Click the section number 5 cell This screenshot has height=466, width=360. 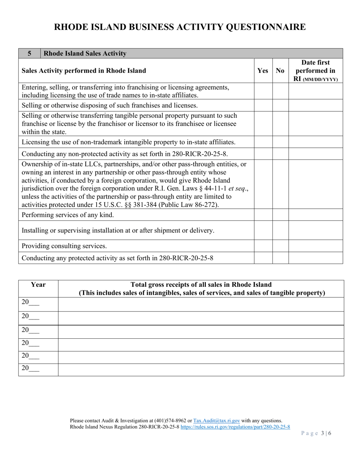pyautogui.click(x=29, y=53)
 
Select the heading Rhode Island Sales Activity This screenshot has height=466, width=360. pyautogui.click(x=85, y=53)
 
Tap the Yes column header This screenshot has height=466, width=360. pyautogui.click(x=263, y=70)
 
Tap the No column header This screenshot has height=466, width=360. pyautogui.click(x=280, y=70)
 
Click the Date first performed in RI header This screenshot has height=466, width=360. pyautogui.click(x=315, y=70)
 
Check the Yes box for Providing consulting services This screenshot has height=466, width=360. pyautogui.click(x=263, y=246)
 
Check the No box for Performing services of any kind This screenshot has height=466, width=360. pyautogui.click(x=280, y=215)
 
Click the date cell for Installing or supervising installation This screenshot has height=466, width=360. pyautogui.click(x=315, y=230)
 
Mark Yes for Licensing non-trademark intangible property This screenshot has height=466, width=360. pyautogui.click(x=263, y=142)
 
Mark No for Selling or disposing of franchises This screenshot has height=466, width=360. pyautogui.click(x=280, y=105)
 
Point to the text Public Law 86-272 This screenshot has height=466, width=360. pyautogui.click(x=187, y=205)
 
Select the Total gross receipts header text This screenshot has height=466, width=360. pyautogui.click(x=201, y=289)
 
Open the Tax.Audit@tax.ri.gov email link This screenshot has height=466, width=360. pyautogui.click(x=216, y=421)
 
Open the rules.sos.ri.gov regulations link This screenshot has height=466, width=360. pyautogui.click(x=235, y=427)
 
